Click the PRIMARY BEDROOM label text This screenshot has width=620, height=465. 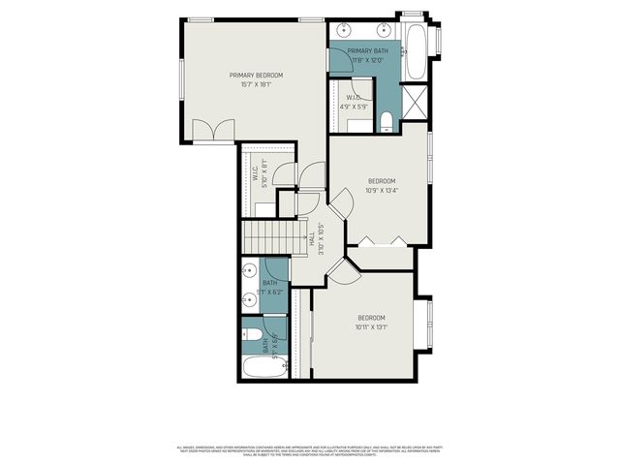pyautogui.click(x=257, y=75)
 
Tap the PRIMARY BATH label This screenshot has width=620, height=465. pyautogui.click(x=367, y=50)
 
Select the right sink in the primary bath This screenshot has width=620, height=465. pyautogui.click(x=386, y=30)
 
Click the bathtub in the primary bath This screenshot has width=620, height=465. pyautogui.click(x=415, y=50)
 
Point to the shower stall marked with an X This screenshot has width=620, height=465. pyautogui.click(x=415, y=101)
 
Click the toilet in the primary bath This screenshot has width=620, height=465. pyautogui.click(x=387, y=121)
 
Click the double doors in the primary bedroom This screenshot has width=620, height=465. pyautogui.click(x=212, y=131)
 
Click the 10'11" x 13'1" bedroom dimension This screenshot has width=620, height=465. pyautogui.click(x=371, y=327)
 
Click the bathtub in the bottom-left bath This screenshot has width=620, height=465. pyautogui.click(x=260, y=369)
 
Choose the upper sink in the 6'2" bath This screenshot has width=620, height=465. pyautogui.click(x=247, y=272)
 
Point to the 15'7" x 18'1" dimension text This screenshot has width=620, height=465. pyautogui.click(x=257, y=84)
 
